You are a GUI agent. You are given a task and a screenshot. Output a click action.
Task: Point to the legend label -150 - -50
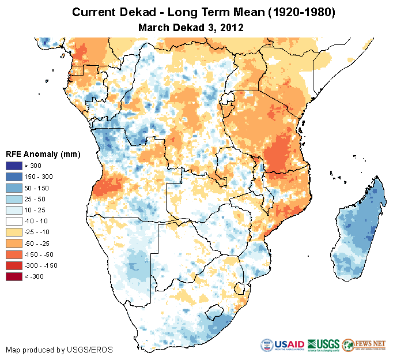[39, 254]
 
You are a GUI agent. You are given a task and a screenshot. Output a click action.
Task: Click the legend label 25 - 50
[35, 199]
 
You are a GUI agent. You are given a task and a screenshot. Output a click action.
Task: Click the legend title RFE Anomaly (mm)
[43, 154]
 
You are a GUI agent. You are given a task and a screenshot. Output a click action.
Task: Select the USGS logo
[323, 344]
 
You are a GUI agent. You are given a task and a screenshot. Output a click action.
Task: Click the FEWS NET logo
[364, 344]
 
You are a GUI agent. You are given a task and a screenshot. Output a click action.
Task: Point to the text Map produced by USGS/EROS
[59, 350]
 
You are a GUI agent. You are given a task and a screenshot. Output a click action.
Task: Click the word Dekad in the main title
[138, 12]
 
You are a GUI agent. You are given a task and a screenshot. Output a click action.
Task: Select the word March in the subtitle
[154, 27]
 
